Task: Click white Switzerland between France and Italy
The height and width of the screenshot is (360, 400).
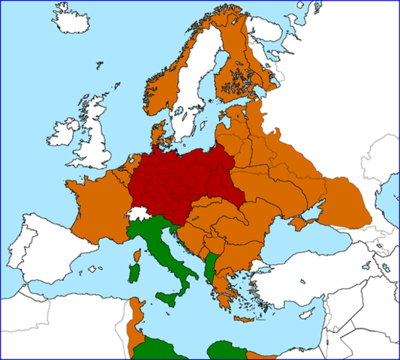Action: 137,214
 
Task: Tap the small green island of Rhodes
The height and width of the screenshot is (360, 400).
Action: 267,306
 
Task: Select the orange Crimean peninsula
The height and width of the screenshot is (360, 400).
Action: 303,223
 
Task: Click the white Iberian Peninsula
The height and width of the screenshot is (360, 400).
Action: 53,247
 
